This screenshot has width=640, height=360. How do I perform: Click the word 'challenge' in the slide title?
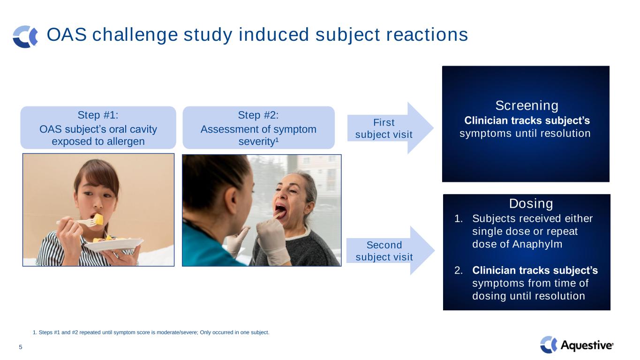135,35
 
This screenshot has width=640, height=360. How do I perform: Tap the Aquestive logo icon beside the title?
25,37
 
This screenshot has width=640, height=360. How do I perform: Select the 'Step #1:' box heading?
98,115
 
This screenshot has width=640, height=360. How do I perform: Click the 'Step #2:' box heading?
258,115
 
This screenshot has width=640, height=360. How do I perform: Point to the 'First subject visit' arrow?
390,128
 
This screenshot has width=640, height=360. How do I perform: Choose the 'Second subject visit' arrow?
390,251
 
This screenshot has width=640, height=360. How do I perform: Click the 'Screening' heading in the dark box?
527,106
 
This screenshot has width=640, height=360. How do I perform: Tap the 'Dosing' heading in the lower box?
531,204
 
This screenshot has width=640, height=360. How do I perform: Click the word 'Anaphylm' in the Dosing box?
537,244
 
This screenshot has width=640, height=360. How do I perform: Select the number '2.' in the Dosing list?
459,270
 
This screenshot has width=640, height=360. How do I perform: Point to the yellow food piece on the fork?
98,219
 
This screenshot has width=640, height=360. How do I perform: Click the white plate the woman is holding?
114,244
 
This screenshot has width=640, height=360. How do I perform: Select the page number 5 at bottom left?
21,347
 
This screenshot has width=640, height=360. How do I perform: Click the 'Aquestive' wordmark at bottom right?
587,345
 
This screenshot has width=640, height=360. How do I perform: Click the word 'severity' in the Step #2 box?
256,142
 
